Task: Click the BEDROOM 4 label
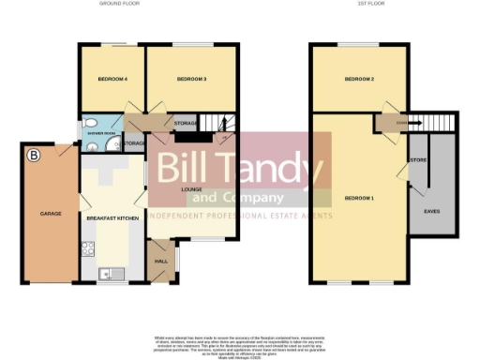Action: coord(107,79)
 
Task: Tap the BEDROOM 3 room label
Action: coord(191,79)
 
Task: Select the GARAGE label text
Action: coord(51,214)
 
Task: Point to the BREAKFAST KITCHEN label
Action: coord(112,217)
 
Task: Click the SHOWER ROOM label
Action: coord(103,133)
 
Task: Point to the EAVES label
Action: coord(432,211)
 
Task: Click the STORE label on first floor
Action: coord(414,161)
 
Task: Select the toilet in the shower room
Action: coord(89,144)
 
